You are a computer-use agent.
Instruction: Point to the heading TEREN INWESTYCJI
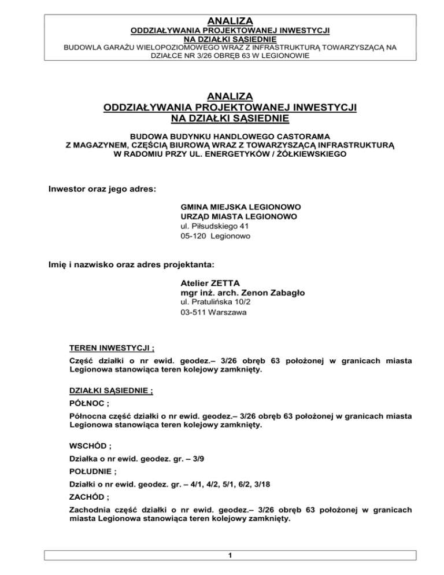(x=111, y=349)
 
